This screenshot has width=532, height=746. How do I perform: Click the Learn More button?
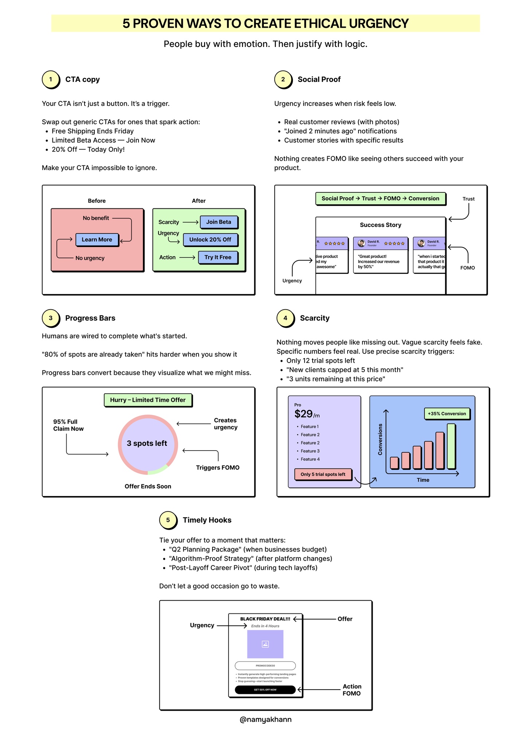(97, 239)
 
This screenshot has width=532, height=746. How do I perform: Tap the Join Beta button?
(218, 222)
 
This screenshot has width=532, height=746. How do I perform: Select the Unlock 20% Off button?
(210, 239)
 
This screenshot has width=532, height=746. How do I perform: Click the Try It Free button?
(218, 257)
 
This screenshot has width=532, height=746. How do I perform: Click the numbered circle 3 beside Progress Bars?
(51, 318)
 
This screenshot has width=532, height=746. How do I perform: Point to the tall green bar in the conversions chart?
(451, 446)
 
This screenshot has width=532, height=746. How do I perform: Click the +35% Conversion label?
(447, 413)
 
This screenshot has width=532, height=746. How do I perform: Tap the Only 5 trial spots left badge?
(323, 474)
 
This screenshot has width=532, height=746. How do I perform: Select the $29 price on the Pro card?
(304, 414)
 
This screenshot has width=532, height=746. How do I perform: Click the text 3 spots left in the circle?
(147, 443)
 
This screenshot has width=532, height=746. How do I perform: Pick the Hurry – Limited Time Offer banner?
(148, 400)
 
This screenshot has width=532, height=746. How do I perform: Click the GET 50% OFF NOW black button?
(265, 690)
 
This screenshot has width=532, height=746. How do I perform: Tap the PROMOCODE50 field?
(265, 665)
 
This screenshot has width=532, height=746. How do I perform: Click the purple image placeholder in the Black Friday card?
(265, 644)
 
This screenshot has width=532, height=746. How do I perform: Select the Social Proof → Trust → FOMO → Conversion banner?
(380, 199)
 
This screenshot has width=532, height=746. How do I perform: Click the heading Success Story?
(380, 225)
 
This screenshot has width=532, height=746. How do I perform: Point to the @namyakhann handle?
(265, 719)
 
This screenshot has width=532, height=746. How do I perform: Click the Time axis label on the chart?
(423, 480)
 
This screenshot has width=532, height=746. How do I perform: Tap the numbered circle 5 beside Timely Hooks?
(168, 520)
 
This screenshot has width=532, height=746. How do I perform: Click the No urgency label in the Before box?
(90, 258)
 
